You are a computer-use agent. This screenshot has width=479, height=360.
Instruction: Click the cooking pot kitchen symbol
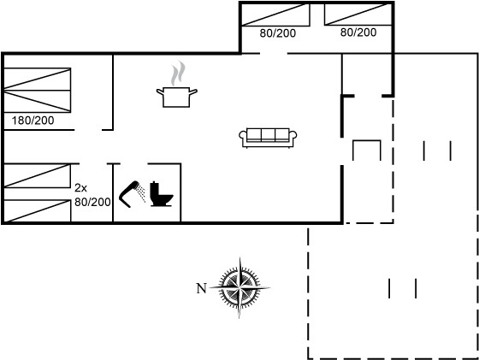pyautogui.click(x=176, y=97)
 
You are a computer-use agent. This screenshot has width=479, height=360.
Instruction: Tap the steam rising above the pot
pyautogui.click(x=178, y=74)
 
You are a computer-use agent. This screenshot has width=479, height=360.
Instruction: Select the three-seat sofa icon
pyautogui.click(x=268, y=138)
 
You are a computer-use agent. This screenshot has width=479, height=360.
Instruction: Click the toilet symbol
pyautogui.click(x=161, y=194)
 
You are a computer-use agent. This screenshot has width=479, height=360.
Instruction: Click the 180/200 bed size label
pyautogui.click(x=33, y=121)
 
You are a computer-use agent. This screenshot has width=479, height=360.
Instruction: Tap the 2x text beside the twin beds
pyautogui.click(x=80, y=188)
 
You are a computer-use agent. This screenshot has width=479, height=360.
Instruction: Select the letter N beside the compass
pyautogui.click(x=201, y=288)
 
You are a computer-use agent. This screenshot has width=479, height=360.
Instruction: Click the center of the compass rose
pyautogui.click(x=239, y=287)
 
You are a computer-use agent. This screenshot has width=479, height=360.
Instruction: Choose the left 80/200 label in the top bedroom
pyautogui.click(x=278, y=33)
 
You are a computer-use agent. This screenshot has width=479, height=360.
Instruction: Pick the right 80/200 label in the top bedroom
pyautogui.click(x=358, y=32)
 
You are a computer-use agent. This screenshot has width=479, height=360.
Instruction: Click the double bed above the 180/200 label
pyautogui.click(x=38, y=91)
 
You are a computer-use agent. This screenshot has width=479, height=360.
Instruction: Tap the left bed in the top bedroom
pyautogui.click(x=275, y=15)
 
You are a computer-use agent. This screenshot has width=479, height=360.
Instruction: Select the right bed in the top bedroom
pyautogui.click(x=358, y=15)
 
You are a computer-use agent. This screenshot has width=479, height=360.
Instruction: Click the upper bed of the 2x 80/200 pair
pyautogui.click(x=38, y=176)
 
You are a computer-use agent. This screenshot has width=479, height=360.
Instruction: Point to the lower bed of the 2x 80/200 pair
pyautogui.click(x=38, y=211)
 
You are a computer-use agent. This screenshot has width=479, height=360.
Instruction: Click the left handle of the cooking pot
pyautogui.click(x=160, y=91)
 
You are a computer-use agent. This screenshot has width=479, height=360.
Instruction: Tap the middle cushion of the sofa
pyautogui.click(x=269, y=134)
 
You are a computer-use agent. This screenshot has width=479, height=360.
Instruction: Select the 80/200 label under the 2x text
pyautogui.click(x=92, y=202)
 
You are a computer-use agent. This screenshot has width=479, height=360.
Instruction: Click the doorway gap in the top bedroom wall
pyautogui.click(x=274, y=54)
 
